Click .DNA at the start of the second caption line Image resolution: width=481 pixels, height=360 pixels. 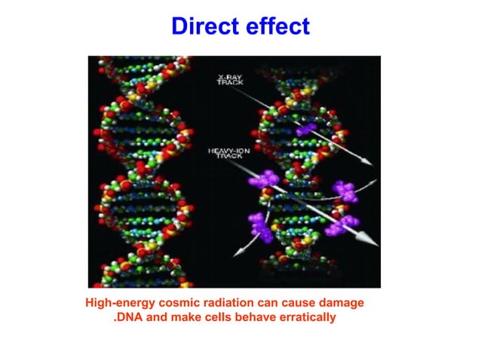[129, 317]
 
